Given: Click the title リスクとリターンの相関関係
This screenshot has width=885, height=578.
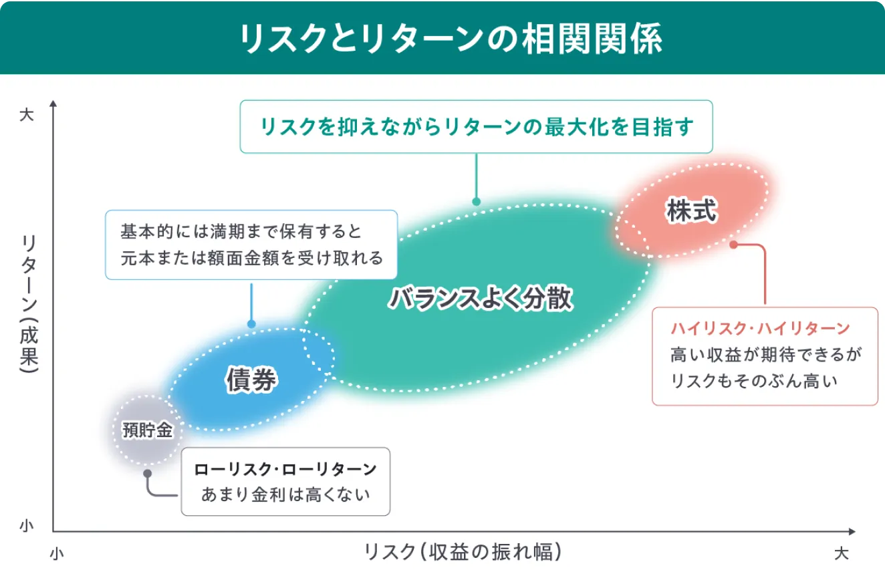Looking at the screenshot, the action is [x=451, y=38].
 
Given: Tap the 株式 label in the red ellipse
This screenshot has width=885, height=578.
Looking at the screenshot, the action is [x=691, y=210].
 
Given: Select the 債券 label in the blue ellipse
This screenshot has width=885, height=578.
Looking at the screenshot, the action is [x=252, y=380].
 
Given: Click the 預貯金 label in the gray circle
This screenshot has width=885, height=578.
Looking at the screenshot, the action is [x=147, y=430].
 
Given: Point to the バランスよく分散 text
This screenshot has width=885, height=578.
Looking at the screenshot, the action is [x=481, y=298].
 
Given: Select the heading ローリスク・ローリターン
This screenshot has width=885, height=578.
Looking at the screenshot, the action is [x=285, y=469].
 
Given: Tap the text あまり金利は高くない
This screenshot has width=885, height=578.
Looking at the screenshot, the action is [x=285, y=494].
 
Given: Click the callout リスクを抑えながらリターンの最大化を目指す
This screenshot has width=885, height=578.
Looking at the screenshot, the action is [x=477, y=127].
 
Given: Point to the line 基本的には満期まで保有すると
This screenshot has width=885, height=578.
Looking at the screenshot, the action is [x=241, y=231].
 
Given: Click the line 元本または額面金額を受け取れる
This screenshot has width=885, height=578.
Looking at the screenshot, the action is [x=252, y=258].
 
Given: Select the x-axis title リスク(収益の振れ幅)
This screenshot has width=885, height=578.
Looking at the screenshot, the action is [x=463, y=551].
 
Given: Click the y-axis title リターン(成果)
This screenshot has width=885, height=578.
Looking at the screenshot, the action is [x=29, y=303].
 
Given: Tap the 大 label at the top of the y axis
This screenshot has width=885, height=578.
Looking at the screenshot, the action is [x=27, y=115].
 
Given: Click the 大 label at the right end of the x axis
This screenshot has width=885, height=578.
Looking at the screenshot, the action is [x=842, y=553].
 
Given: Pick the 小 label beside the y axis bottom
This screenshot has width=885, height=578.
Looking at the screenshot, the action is [x=27, y=525].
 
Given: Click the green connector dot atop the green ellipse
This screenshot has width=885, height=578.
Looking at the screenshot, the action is [x=477, y=202].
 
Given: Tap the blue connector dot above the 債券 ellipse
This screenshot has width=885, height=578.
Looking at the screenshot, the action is [x=251, y=324].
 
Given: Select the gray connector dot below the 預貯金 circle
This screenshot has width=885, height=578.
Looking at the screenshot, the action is [x=147, y=473].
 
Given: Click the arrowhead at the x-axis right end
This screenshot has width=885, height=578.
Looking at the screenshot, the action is [x=852, y=531].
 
